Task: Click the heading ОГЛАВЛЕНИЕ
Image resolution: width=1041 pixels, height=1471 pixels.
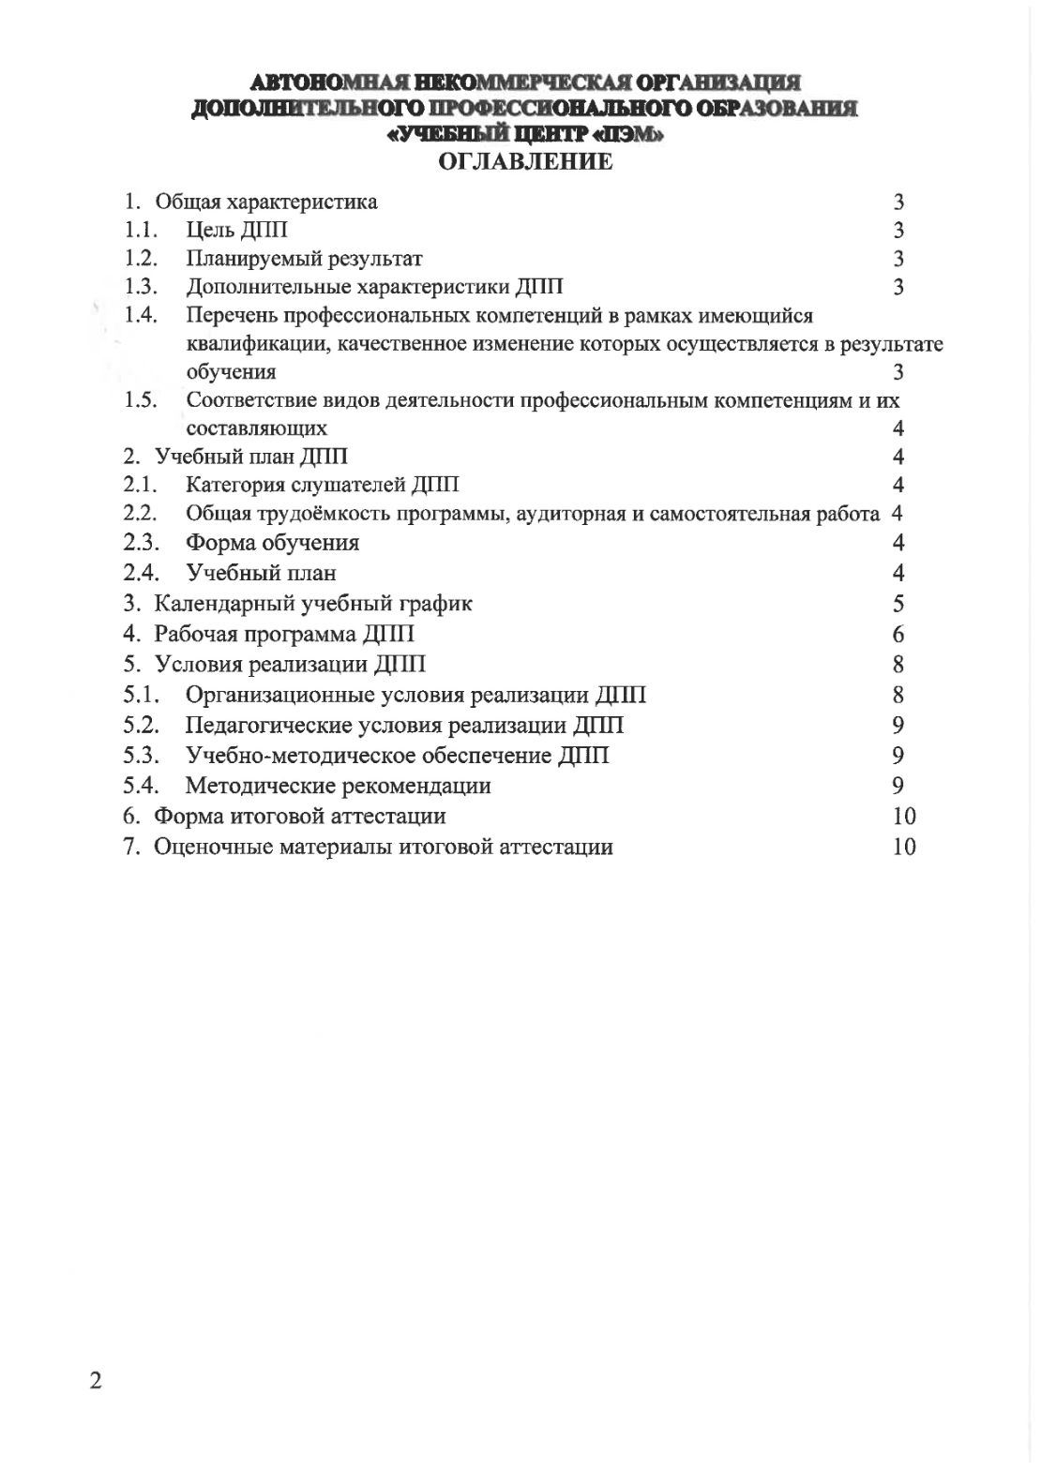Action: [525, 161]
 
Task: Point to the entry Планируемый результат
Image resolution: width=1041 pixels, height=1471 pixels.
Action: [304, 259]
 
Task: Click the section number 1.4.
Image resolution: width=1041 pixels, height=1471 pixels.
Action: [141, 315]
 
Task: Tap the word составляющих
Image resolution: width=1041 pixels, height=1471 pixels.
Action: [257, 428]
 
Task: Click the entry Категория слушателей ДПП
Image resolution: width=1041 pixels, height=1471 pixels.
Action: [323, 485]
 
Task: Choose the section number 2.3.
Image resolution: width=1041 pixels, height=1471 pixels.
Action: [141, 542]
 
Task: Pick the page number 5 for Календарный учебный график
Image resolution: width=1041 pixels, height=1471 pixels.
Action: [898, 603]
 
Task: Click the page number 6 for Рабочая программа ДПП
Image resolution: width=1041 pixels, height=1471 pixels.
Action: [898, 634]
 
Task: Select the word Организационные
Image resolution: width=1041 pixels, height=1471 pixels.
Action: [279, 695]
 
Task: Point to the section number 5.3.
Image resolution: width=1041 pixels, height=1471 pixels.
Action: [141, 755]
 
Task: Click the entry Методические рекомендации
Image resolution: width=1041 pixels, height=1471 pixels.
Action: [338, 786]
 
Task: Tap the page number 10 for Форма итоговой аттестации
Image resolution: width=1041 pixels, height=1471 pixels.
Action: [904, 816]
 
